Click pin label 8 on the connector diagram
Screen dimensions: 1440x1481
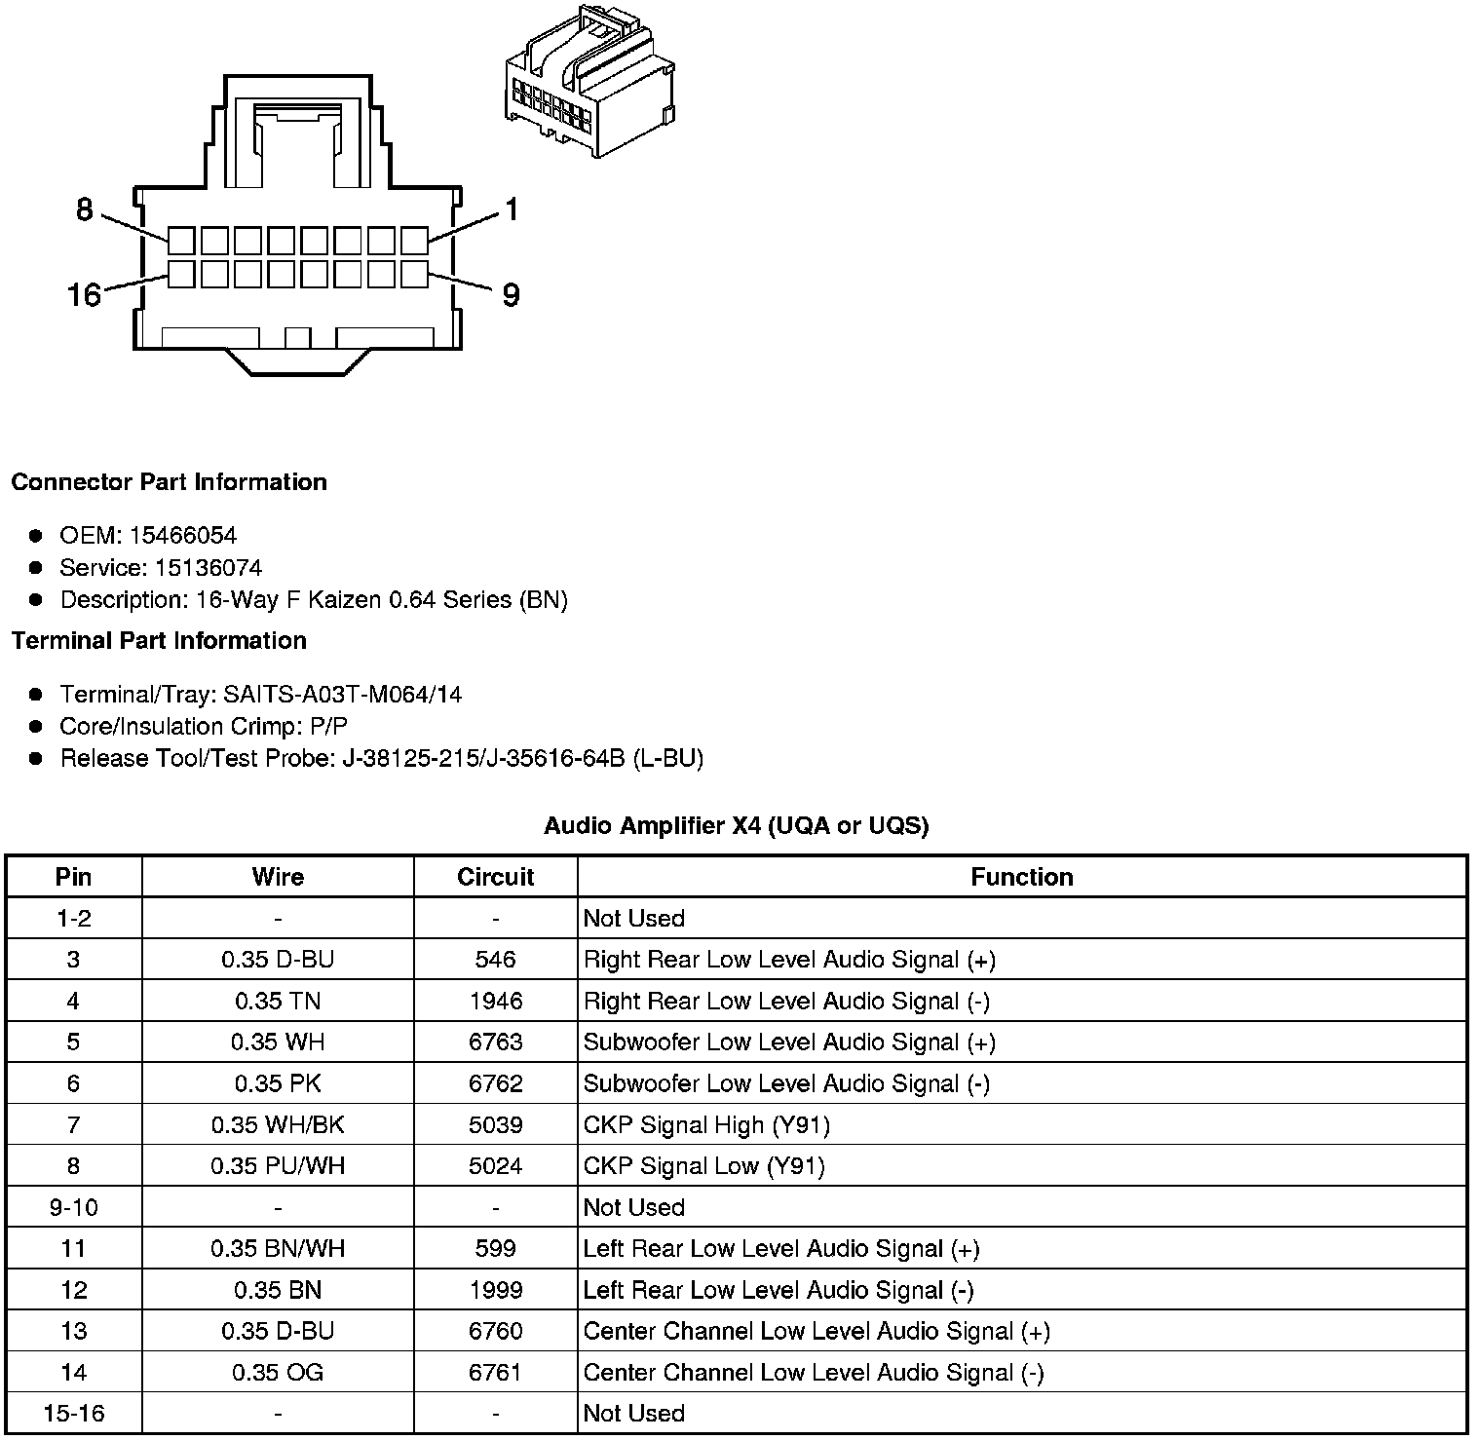(x=85, y=209)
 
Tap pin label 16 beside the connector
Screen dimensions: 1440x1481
(x=85, y=294)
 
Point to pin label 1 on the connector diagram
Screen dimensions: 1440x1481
(x=511, y=209)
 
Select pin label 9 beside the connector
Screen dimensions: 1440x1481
(x=511, y=294)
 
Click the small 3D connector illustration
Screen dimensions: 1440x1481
(x=589, y=83)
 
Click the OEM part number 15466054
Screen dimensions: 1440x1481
(x=183, y=535)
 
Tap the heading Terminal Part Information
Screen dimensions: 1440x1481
(x=159, y=640)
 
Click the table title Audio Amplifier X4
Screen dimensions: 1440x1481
(x=736, y=826)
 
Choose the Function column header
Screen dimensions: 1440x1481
(x=1021, y=877)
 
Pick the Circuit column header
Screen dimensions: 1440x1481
(x=495, y=877)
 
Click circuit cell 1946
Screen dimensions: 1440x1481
(x=495, y=1001)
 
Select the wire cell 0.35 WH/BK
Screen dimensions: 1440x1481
(x=278, y=1125)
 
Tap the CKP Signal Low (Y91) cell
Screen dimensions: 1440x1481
(x=703, y=1166)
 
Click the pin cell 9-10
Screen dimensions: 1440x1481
(x=74, y=1207)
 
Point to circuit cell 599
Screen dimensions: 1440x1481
(x=495, y=1249)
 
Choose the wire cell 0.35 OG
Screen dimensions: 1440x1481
(x=278, y=1373)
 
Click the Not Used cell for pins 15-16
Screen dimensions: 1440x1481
(x=634, y=1414)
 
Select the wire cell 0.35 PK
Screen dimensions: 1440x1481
(x=278, y=1083)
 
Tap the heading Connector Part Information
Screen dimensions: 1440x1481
(x=169, y=482)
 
